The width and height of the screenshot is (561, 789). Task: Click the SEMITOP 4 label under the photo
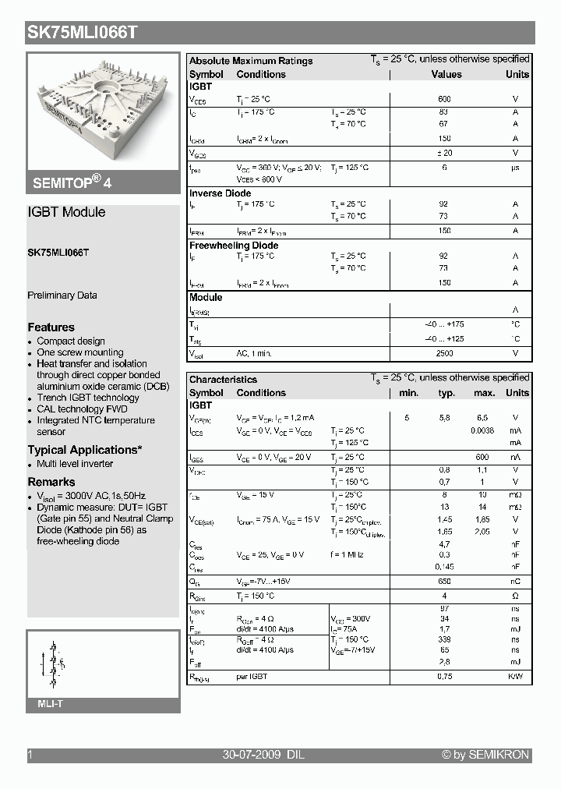tap(72, 183)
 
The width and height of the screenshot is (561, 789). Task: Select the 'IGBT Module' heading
tap(66, 212)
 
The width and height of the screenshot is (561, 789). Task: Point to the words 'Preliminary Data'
tap(62, 295)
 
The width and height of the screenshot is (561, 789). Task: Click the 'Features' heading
tap(51, 327)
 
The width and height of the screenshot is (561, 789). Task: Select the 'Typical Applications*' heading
tap(85, 450)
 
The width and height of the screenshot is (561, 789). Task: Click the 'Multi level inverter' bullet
tap(75, 464)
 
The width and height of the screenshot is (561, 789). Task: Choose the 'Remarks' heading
tap(51, 482)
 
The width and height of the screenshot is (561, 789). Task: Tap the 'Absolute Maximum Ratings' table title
tap(251, 61)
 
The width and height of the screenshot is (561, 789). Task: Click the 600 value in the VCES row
tap(444, 100)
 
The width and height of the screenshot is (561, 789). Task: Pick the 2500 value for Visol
tap(444, 354)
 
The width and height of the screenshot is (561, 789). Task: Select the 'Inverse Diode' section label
tap(221, 193)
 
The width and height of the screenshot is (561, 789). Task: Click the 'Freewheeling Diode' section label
tap(234, 246)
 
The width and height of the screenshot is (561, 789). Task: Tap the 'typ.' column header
tap(446, 393)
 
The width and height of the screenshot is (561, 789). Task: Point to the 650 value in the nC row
tap(444, 582)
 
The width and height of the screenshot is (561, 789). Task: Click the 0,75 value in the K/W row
tap(444, 677)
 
